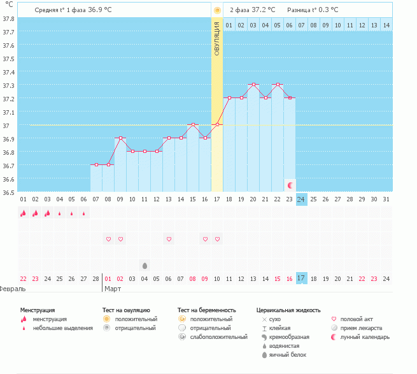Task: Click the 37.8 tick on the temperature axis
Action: (8, 18)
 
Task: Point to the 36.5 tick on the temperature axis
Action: (8, 192)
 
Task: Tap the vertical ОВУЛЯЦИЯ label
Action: (217, 39)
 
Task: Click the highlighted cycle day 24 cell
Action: (302, 199)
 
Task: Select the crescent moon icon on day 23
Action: (290, 185)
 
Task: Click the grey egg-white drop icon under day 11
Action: (145, 265)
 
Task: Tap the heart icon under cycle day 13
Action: (169, 239)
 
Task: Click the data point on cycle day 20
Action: (253, 84)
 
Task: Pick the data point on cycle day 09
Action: (120, 138)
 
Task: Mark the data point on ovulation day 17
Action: (217, 124)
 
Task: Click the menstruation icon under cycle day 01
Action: (23, 213)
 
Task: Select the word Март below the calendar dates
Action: (112, 289)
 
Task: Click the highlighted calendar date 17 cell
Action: (302, 278)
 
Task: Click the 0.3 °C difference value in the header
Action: (327, 10)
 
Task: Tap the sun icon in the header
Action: (217, 10)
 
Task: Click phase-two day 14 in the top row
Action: (386, 25)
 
